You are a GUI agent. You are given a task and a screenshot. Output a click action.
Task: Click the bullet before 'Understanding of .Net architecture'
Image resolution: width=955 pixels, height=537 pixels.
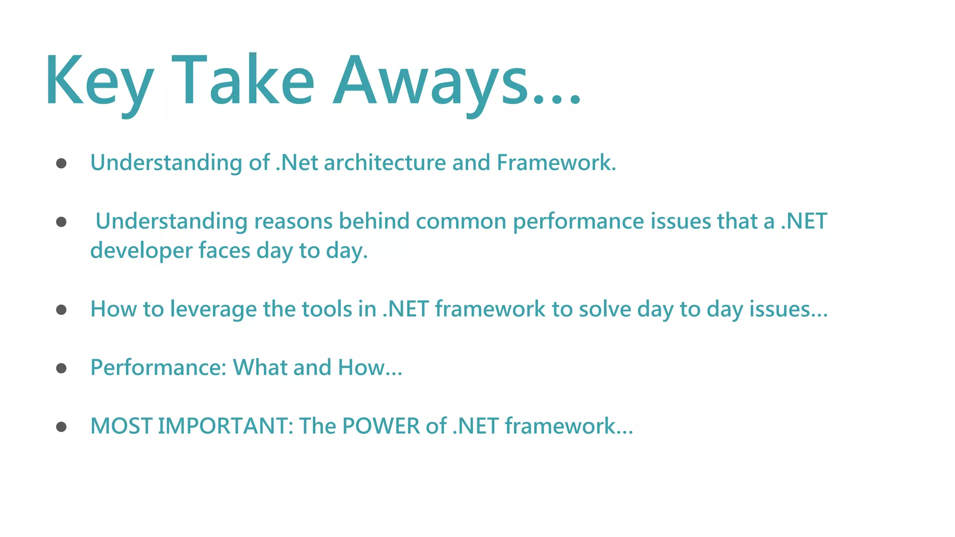61,163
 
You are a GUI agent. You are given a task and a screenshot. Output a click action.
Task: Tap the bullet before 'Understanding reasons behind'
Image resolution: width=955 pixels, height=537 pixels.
61,221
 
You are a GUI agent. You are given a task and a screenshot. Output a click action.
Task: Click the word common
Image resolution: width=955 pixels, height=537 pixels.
461,221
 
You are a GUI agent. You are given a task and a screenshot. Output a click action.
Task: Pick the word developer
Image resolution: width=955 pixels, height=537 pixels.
141,251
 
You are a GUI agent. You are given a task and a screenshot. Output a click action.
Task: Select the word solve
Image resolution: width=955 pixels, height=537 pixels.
605,309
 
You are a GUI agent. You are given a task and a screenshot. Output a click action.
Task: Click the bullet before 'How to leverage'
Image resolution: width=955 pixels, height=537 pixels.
61,310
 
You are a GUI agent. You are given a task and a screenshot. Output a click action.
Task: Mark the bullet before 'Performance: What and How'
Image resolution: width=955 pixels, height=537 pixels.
61,368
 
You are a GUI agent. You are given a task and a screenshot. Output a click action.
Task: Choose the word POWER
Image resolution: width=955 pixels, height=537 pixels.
381,426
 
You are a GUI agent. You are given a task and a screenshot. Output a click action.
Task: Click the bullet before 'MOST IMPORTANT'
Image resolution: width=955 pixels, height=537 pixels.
61,427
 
